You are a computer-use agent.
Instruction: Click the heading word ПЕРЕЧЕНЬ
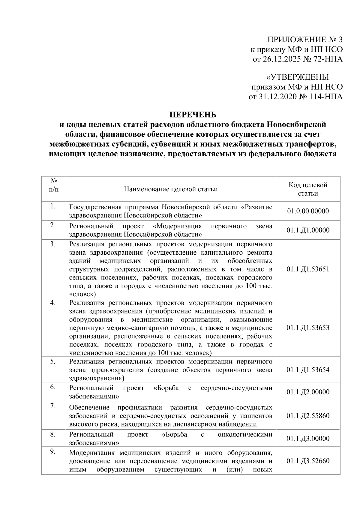point(193,115)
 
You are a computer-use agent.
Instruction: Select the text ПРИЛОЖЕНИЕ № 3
point(305,40)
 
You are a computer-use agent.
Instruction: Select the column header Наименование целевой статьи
point(171,189)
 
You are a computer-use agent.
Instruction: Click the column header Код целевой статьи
point(308,189)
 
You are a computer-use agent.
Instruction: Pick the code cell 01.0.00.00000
point(308,211)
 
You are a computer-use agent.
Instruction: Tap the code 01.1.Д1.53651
point(308,269)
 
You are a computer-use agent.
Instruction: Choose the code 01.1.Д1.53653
point(308,328)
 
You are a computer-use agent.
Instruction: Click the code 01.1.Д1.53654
point(308,370)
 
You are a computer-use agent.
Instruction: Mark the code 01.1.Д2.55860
point(308,416)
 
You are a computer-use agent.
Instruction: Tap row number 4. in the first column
point(53,303)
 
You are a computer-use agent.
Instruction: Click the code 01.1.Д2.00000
point(308,392)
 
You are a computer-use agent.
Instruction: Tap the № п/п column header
point(54,185)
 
